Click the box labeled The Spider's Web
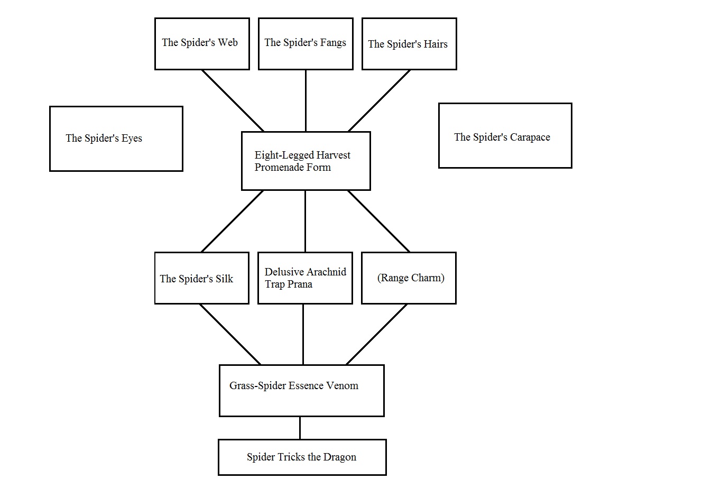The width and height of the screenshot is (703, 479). pyautogui.click(x=201, y=43)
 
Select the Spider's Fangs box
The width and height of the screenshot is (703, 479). pyautogui.click(x=305, y=43)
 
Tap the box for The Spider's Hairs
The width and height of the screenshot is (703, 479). pyautogui.click(x=409, y=44)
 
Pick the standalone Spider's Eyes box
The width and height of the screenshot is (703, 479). pyautogui.click(x=116, y=139)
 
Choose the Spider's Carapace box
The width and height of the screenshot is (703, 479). pyautogui.click(x=505, y=136)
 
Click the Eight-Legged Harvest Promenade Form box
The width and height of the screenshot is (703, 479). pyautogui.click(x=306, y=161)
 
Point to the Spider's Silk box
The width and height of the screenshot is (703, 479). pyautogui.click(x=201, y=278)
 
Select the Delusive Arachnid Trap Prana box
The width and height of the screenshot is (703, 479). pyautogui.click(x=305, y=278)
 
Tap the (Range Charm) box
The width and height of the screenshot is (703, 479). pyautogui.click(x=409, y=278)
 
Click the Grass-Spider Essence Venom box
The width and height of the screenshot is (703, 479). pyautogui.click(x=301, y=390)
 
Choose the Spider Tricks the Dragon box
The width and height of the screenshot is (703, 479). pyautogui.click(x=302, y=457)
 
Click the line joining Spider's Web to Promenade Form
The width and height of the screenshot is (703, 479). pyautogui.click(x=233, y=100)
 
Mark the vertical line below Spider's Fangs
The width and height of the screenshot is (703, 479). pyautogui.click(x=306, y=100)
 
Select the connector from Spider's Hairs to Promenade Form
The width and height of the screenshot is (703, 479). pyautogui.click(x=379, y=100)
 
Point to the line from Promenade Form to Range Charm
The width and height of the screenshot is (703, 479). pyautogui.click(x=378, y=221)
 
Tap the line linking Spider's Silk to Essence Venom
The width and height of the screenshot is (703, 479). pyautogui.click(x=230, y=334)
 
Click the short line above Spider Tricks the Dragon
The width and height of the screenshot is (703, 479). pyautogui.click(x=300, y=428)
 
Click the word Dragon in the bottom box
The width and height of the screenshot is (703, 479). pyautogui.click(x=340, y=457)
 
